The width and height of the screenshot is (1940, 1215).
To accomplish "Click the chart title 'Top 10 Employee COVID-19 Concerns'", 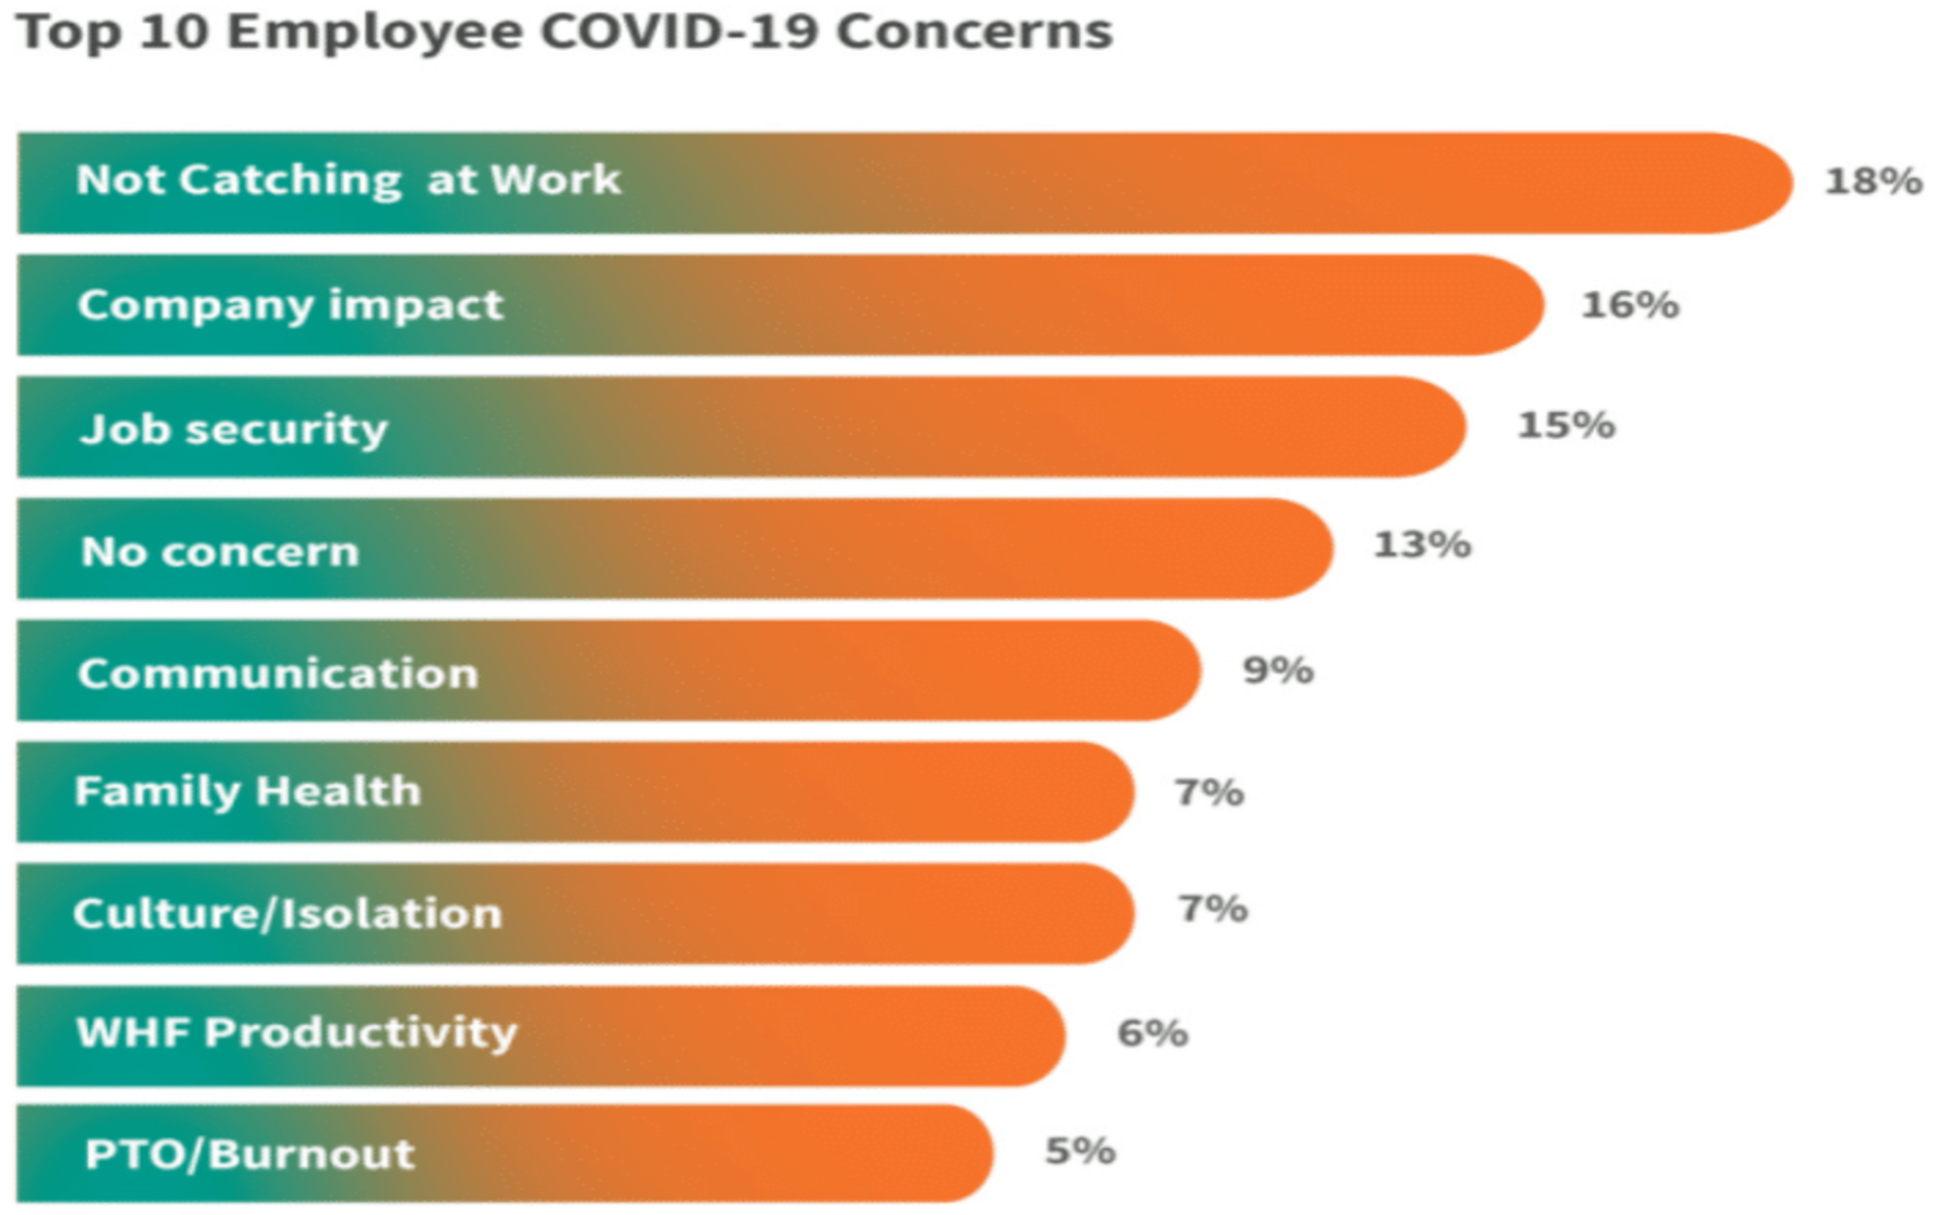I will point(565,31).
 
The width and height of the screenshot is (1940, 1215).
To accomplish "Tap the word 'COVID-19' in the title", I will point(679,31).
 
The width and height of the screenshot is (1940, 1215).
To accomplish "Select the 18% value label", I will point(1873,181).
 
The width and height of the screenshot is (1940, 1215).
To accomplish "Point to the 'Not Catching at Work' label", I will point(348,180).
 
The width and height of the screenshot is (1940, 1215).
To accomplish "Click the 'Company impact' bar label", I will point(290,305).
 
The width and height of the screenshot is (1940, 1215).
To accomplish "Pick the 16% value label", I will point(1630,305).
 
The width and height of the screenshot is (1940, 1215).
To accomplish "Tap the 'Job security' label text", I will point(234,429).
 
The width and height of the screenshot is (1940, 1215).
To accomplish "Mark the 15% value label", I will point(1566,425).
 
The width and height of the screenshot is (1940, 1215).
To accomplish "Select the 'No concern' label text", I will point(220,552).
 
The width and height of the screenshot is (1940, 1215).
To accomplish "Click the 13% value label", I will point(1422,545).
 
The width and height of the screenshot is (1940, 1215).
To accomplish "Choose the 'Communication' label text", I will point(278,674).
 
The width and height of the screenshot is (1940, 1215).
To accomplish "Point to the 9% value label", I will point(1278,670).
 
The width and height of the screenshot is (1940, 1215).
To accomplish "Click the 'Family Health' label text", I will point(248,791).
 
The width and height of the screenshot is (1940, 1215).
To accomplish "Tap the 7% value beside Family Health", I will point(1209,792).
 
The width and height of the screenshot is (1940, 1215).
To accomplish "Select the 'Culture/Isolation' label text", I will point(287,913).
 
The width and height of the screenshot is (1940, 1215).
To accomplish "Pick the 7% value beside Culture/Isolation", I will point(1212,909).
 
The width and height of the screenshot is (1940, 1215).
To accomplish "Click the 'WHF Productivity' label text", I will point(296,1033).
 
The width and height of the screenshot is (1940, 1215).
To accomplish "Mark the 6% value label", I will point(1152,1033).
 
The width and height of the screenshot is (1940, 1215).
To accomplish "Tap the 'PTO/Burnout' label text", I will point(250,1154).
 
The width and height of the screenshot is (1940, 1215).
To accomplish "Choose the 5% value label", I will point(1080,1151).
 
